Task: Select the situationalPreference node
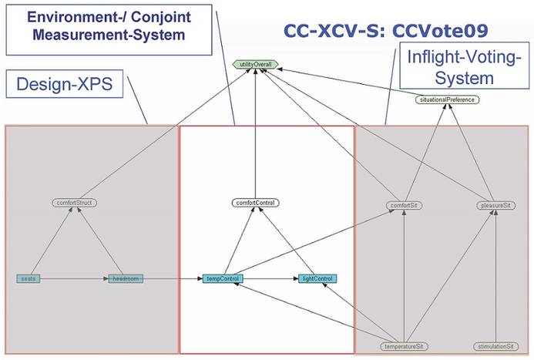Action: tap(448, 100)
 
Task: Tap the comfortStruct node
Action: tap(76, 203)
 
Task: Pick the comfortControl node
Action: tap(255, 203)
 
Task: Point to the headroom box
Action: tap(125, 278)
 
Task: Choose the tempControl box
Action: tap(224, 278)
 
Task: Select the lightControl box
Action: tap(317, 278)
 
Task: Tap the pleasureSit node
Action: tap(495, 206)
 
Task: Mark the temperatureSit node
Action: tap(405, 346)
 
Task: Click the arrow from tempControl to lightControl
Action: tap(270, 278)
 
